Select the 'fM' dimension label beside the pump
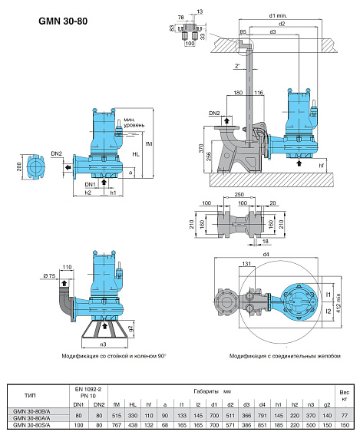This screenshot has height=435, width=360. point(149,142)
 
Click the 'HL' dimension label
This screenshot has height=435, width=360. point(136,153)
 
